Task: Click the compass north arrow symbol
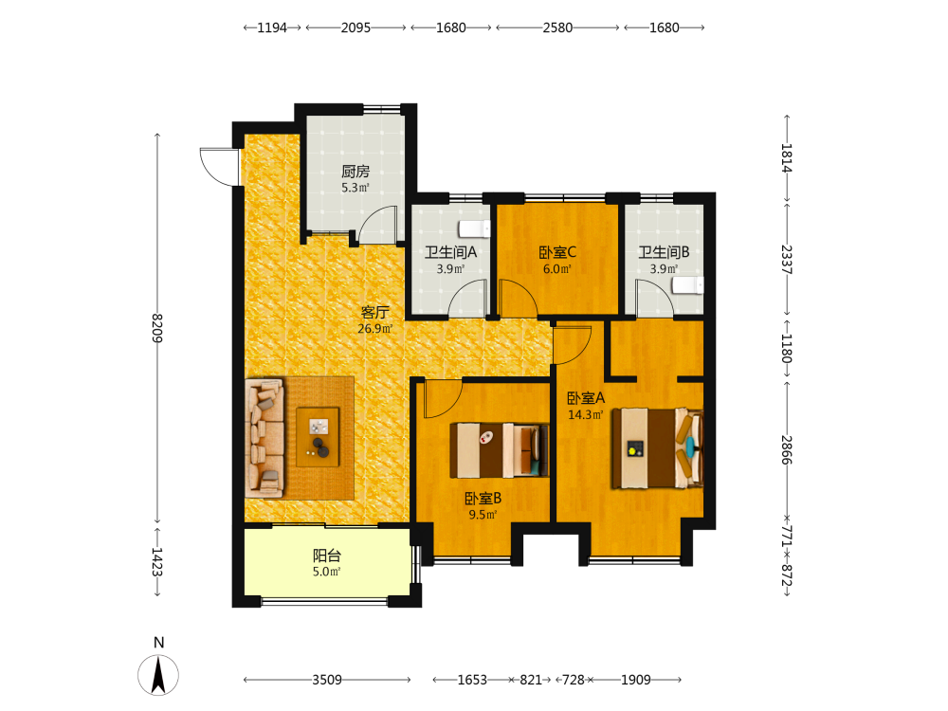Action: (x=158, y=675)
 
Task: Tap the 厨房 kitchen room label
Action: (x=355, y=172)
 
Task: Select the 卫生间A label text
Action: (x=450, y=252)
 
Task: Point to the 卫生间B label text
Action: (x=664, y=252)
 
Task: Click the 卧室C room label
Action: (x=557, y=252)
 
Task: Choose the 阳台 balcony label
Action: (x=327, y=556)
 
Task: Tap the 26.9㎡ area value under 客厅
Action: (x=374, y=329)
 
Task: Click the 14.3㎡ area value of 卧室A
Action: (x=585, y=415)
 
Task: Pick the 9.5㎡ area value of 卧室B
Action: (x=483, y=515)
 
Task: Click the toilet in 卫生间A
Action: (x=474, y=229)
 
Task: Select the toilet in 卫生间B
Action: (x=688, y=285)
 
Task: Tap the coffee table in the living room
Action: (x=318, y=437)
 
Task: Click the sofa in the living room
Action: (x=264, y=438)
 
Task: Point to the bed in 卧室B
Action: (x=500, y=450)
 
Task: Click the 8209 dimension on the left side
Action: (x=157, y=328)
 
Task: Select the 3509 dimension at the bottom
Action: (x=327, y=680)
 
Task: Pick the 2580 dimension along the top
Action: (x=557, y=27)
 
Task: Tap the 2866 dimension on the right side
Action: (x=786, y=450)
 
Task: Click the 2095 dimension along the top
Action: (x=355, y=27)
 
